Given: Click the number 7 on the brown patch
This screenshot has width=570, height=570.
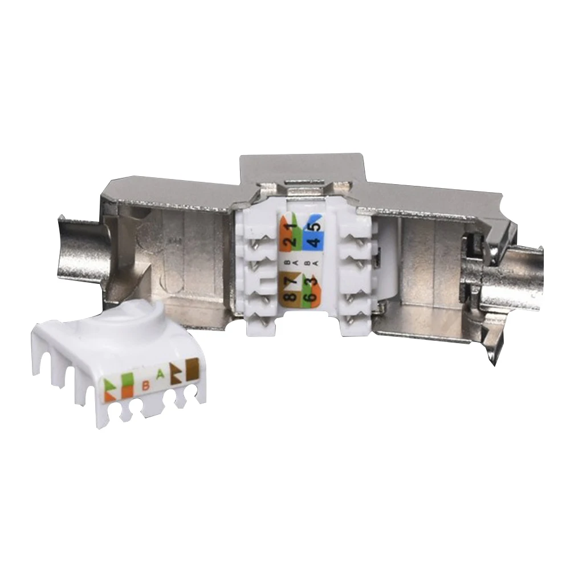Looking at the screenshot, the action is pos(292,280).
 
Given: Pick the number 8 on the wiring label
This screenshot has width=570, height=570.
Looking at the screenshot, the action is pos(291,296).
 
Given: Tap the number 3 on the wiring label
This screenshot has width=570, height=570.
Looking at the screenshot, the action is pos(313,282).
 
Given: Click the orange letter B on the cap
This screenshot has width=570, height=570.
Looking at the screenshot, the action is pos(146,385).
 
